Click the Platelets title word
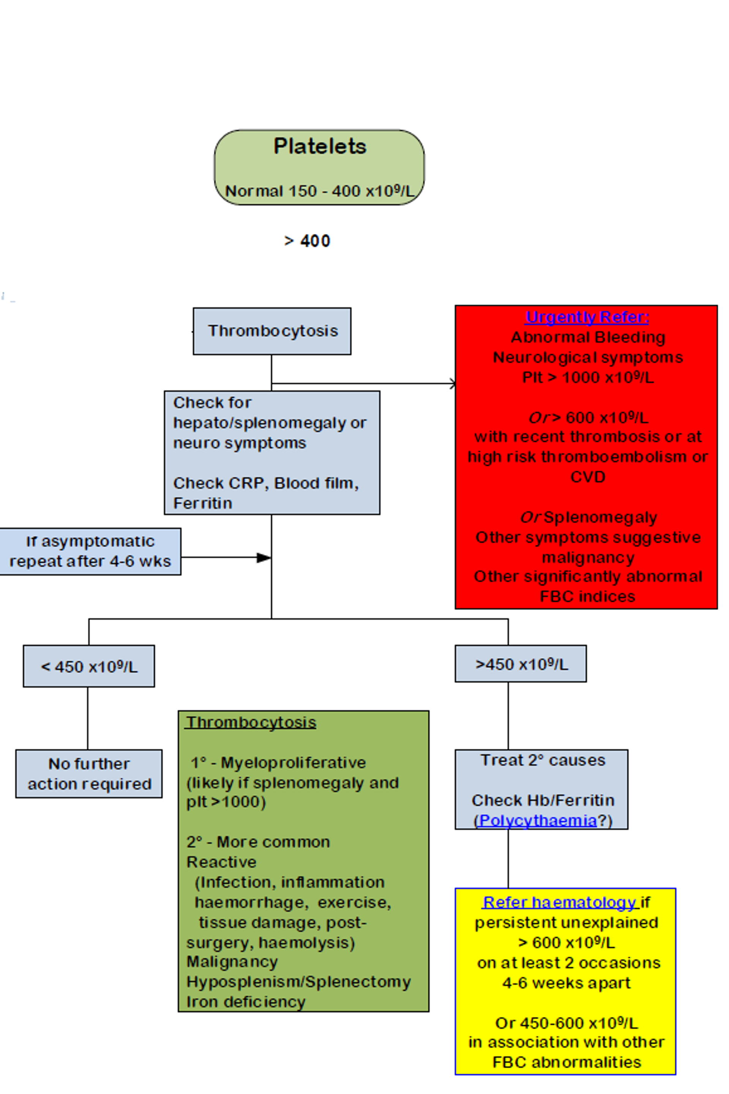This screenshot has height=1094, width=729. (320, 147)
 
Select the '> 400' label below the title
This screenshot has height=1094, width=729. (307, 241)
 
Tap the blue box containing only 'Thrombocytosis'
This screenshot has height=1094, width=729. (272, 331)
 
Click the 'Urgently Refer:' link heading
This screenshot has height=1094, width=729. (587, 317)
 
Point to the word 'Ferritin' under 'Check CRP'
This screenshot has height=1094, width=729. (203, 503)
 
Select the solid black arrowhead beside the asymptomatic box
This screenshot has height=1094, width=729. (264, 558)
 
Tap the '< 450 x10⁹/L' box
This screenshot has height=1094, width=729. (89, 666)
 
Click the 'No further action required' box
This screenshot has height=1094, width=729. (89, 774)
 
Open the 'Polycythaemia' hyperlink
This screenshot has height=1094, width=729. (538, 820)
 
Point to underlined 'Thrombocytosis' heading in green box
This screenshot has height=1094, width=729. (251, 722)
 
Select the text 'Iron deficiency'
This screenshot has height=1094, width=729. (246, 1002)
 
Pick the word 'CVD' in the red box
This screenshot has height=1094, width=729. (588, 477)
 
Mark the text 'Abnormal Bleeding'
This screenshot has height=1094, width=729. (588, 337)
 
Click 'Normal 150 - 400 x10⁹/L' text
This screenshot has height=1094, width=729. (319, 191)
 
